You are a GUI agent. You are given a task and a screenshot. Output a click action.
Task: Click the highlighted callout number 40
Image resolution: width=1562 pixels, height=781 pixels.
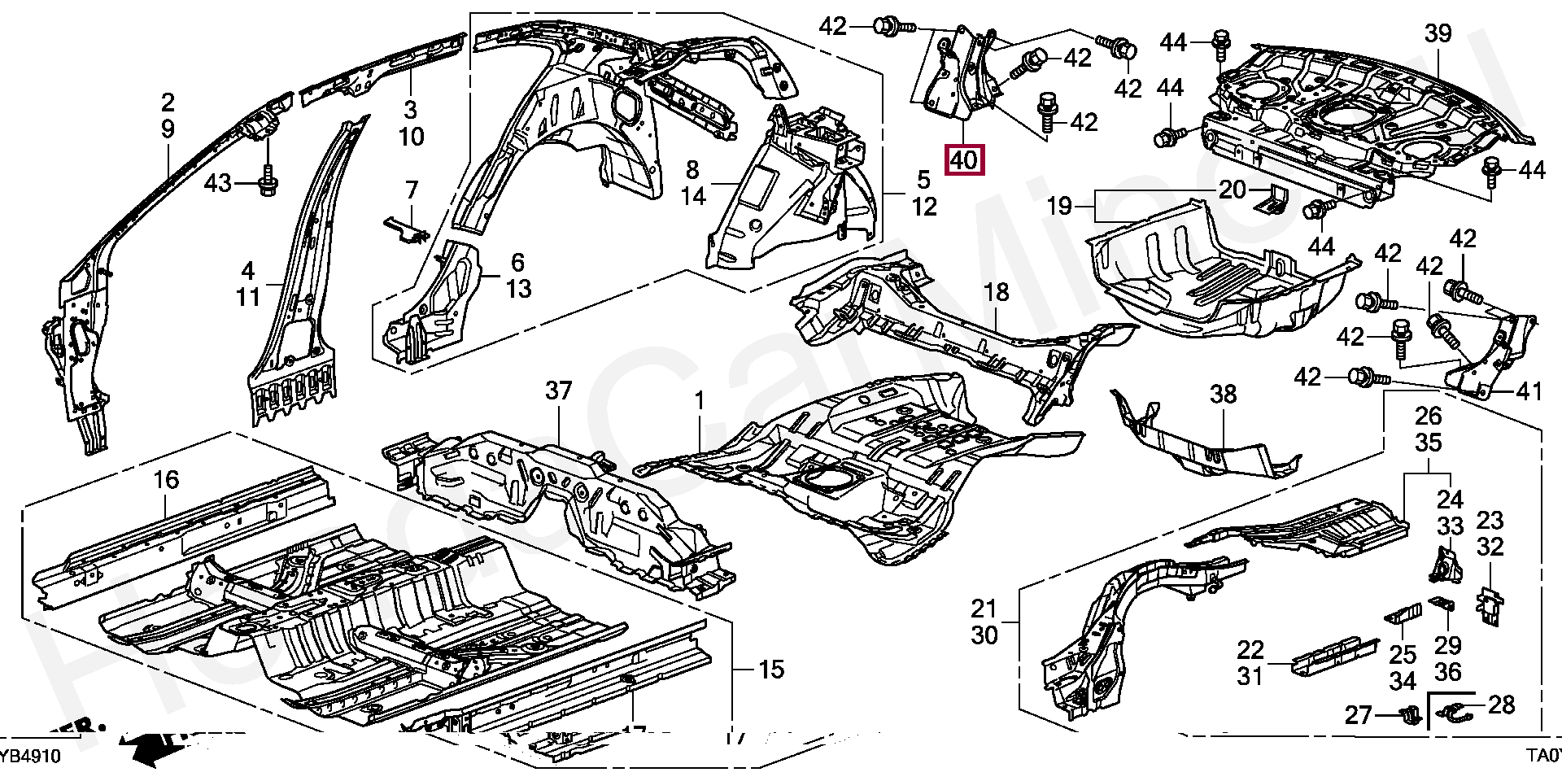click(964, 159)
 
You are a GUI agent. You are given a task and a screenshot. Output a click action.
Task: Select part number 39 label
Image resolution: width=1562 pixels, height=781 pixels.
click(1438, 33)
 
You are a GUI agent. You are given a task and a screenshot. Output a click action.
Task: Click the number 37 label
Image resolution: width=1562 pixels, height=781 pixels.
click(559, 390)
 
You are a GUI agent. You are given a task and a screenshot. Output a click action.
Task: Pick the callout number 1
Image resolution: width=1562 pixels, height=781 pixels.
click(699, 400)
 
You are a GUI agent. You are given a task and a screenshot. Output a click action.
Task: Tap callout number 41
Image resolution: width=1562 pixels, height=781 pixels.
click(1529, 391)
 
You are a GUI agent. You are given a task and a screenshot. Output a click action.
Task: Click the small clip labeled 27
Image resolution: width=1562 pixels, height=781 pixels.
click(1407, 715)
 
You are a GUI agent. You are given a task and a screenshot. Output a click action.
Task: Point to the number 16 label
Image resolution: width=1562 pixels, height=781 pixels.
click(166, 480)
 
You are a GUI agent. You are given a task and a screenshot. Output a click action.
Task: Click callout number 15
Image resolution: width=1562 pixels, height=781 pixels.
click(771, 670)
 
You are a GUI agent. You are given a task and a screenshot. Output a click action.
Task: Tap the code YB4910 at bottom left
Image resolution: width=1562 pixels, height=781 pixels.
click(30, 757)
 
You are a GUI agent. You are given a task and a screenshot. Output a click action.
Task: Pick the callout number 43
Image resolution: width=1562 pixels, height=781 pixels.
click(217, 183)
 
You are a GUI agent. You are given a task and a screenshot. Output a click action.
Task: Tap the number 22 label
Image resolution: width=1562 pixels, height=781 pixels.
click(1250, 650)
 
